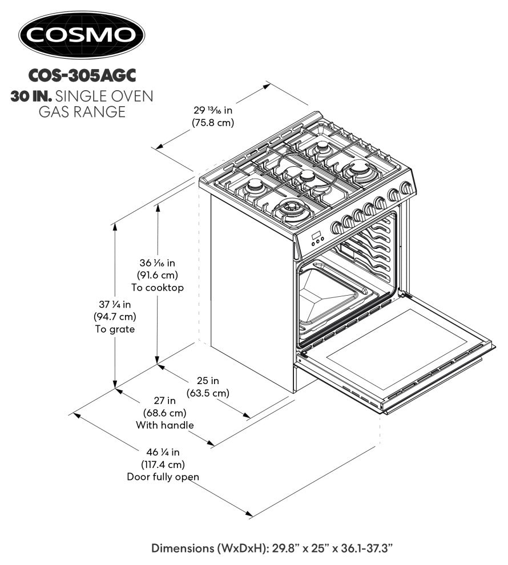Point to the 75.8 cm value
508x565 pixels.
[x=213, y=122]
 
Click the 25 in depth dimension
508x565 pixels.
[x=208, y=381]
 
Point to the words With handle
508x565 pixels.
[x=164, y=425]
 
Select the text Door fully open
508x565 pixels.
[x=163, y=477]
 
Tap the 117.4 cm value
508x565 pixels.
[x=163, y=465]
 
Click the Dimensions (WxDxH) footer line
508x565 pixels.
[x=271, y=548]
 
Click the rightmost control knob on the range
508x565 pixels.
[x=406, y=188]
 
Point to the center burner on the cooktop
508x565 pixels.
[x=307, y=176]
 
